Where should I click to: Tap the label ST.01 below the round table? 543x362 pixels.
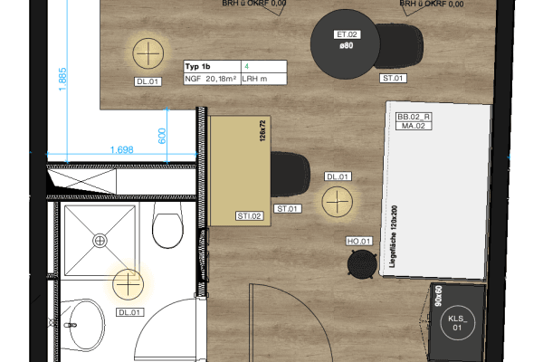click(x=394, y=79)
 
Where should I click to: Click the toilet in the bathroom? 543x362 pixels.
click(x=168, y=225)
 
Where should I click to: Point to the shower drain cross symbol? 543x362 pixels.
click(x=99, y=240)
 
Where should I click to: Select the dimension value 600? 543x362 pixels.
click(x=162, y=136)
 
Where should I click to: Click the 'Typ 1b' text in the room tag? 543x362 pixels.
click(x=197, y=66)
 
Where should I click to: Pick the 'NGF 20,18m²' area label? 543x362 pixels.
click(x=211, y=79)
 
